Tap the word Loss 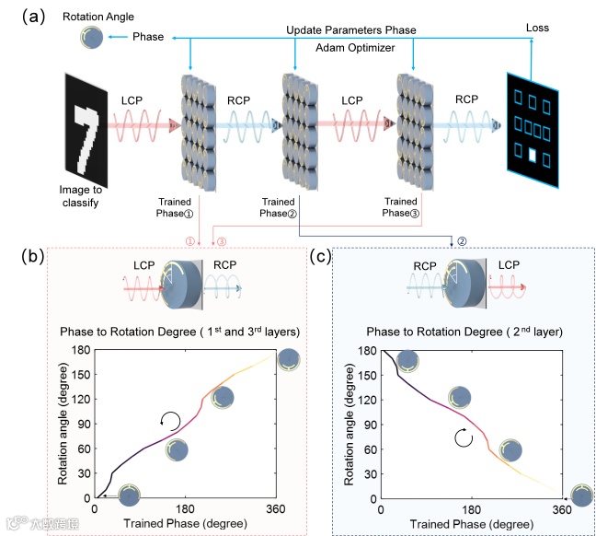point(538,28)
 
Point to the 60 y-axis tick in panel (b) point(82,449)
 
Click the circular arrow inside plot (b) point(170,422)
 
